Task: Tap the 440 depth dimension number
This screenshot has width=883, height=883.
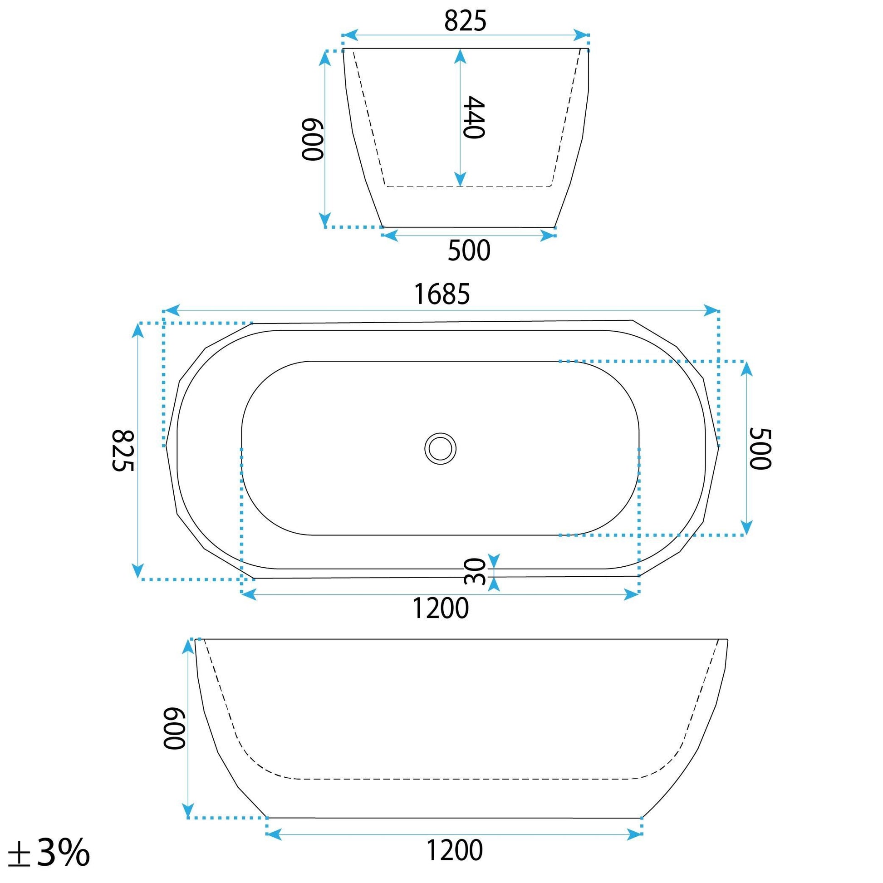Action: pos(473,117)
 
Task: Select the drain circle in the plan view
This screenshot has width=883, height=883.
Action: pos(440,448)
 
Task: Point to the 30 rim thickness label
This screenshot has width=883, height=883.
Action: pos(474,571)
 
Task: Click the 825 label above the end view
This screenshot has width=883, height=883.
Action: pos(465,21)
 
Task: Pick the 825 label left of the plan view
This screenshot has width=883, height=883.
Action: pos(123,450)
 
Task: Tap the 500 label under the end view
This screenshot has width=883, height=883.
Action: pos(469,250)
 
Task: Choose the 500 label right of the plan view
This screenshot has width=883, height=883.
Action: pos(760,448)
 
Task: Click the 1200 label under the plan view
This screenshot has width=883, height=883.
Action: pos(441,608)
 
